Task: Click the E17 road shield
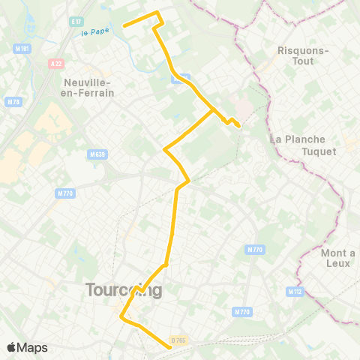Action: tap(75, 21)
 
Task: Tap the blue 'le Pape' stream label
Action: tap(95, 31)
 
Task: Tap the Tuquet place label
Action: tap(319, 151)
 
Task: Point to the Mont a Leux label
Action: tap(337, 259)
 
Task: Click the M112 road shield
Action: tap(294, 291)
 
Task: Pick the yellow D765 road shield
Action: tap(178, 341)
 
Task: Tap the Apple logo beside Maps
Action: tap(11, 347)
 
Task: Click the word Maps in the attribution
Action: tap(33, 347)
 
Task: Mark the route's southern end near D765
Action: tap(169, 346)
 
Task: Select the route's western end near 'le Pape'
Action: tap(124, 26)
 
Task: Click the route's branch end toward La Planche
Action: tap(238, 126)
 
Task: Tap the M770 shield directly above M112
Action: tap(254, 249)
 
